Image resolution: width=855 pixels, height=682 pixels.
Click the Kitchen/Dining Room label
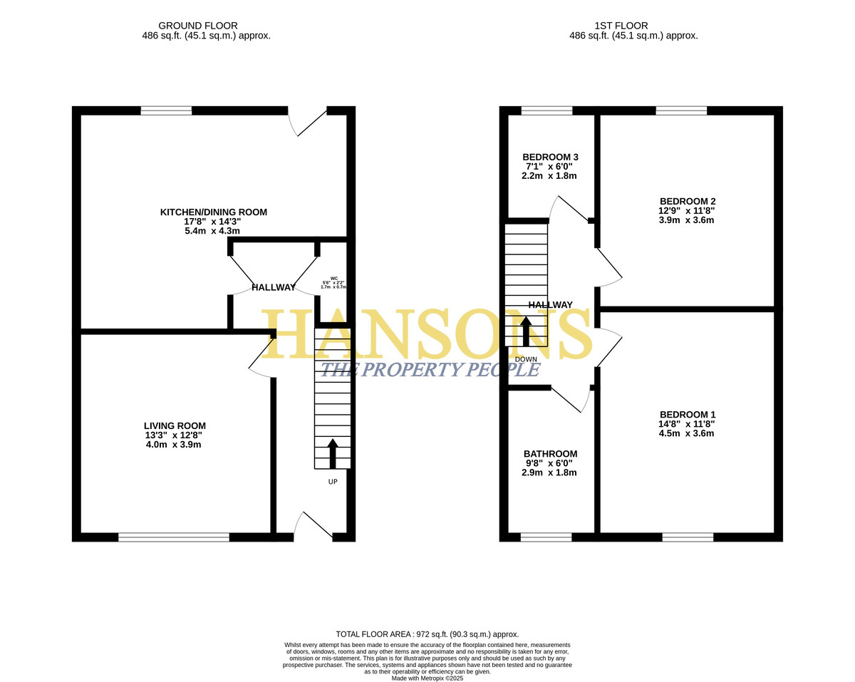point(213,212)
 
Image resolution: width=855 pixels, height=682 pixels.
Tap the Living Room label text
point(175,425)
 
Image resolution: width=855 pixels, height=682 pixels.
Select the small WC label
point(333,278)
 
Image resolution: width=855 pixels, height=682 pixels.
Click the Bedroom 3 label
point(550,157)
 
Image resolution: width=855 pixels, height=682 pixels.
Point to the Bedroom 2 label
point(688,202)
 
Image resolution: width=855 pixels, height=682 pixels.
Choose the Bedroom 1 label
point(688,415)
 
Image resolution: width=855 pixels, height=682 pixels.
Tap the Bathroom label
point(550,454)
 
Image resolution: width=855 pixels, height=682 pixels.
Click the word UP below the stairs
point(333,482)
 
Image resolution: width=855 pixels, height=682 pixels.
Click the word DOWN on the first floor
point(526,359)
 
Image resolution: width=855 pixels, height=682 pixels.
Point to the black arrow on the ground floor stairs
point(333,453)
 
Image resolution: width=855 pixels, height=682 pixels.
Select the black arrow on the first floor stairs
point(526,331)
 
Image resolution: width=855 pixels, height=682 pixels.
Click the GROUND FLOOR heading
point(198,26)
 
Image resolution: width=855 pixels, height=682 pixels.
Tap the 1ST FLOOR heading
point(621,26)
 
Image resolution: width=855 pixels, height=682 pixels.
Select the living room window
point(174,537)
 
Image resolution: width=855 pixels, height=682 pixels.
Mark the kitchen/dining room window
point(166,110)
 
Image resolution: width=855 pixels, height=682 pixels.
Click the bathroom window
point(546,537)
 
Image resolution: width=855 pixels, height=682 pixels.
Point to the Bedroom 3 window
point(546,110)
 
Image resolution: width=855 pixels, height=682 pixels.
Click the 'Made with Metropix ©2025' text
point(427,678)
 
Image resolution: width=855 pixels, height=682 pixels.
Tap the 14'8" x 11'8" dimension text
point(687,424)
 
